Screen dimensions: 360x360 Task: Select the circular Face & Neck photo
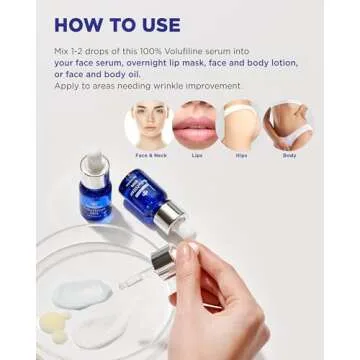coord(149,125)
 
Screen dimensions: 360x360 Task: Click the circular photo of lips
coord(195,125)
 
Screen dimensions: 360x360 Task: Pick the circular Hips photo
coord(241,125)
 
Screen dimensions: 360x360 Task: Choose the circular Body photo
coord(288,125)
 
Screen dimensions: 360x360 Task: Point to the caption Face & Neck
coord(149,156)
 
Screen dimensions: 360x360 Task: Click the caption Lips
coord(195,156)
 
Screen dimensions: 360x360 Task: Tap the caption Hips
coord(241,156)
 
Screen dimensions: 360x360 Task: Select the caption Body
coord(288,156)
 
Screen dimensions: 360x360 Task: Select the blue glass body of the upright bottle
coord(96,199)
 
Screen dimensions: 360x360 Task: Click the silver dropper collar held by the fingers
coord(160,262)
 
